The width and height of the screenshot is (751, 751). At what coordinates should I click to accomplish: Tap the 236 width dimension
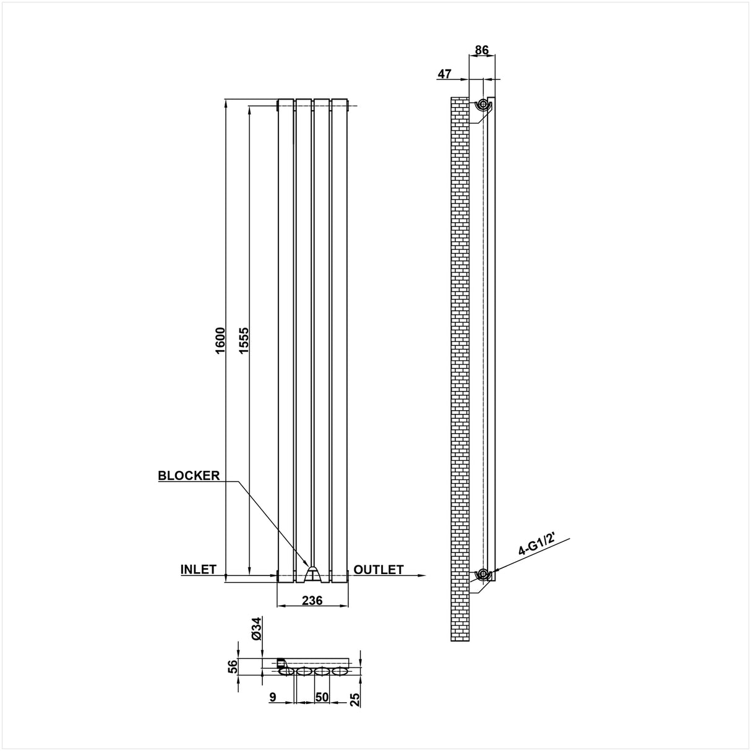point(313,599)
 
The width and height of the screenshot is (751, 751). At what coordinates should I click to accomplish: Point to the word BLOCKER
point(189,476)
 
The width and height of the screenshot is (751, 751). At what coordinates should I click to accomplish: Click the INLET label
point(198,569)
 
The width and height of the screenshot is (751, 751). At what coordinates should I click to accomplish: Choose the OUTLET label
point(379,569)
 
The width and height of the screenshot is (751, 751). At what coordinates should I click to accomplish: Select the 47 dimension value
point(444,74)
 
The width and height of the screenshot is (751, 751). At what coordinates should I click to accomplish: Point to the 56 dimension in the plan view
point(233,666)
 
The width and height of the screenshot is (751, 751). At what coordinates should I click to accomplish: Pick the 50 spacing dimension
point(322,697)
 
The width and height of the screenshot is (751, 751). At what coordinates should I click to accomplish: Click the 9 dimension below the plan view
point(273,697)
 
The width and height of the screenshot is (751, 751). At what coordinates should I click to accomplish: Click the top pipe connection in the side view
point(481,105)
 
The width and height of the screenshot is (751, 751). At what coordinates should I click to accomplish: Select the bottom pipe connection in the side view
point(481,575)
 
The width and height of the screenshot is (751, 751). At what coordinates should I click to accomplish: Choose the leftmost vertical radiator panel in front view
point(286,340)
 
